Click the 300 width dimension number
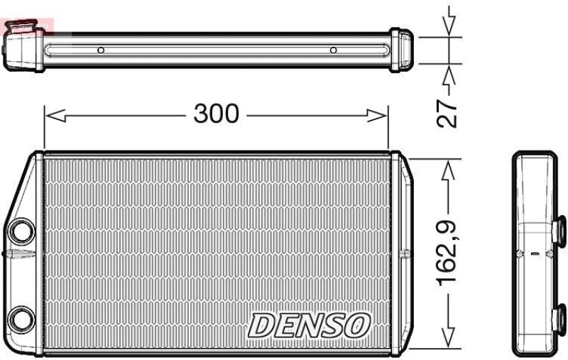pyautogui.click(x=217, y=114)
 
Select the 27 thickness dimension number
pyautogui.click(x=446, y=111)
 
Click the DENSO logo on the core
pyautogui.click(x=309, y=326)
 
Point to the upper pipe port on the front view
pyautogui.click(x=21, y=231)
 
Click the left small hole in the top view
pyautogui.click(x=101, y=50)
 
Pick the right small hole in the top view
pyautogui.click(x=333, y=50)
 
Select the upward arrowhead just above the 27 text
pyautogui.click(x=447, y=74)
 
